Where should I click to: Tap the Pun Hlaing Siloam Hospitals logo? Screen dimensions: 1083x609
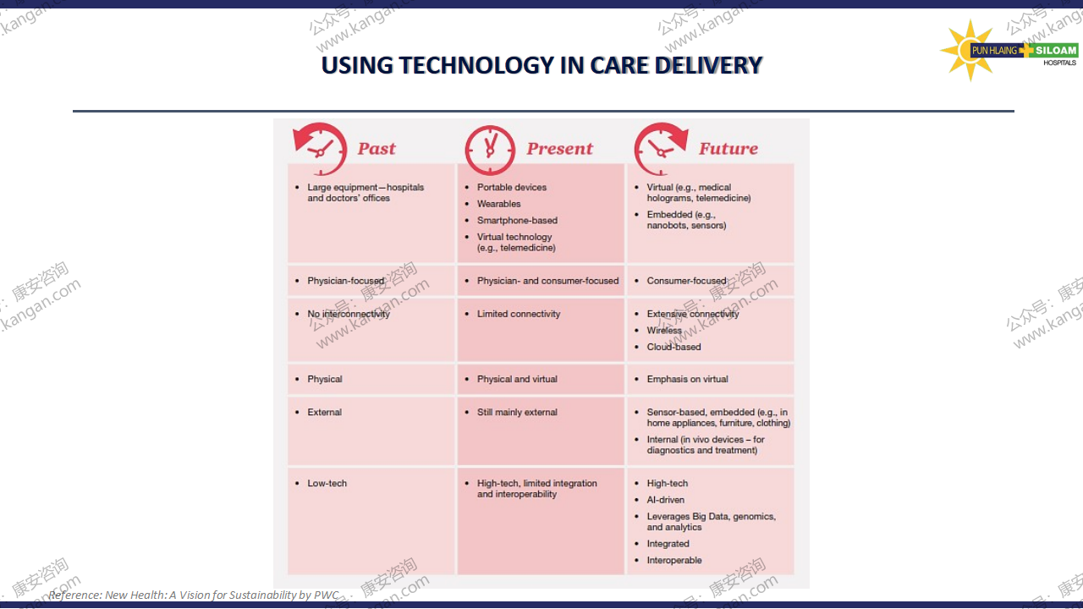coord(1009,50)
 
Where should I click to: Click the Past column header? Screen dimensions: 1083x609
coord(377,148)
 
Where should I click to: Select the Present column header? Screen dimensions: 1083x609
coord(559,148)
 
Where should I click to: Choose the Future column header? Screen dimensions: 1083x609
coord(728,148)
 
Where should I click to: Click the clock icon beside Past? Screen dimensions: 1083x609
coord(320,149)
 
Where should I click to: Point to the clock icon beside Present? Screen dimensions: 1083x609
coord(490,151)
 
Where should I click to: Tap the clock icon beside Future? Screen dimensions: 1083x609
coord(661,149)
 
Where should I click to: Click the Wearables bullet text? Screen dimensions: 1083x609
coord(498,204)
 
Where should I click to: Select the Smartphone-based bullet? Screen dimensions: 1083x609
coord(517,221)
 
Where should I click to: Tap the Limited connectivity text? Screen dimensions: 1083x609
coord(519,314)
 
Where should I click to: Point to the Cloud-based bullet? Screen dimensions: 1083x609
coord(673,347)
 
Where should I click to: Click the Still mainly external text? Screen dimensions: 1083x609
coord(517,412)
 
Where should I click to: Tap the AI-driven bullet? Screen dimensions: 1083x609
coord(665,500)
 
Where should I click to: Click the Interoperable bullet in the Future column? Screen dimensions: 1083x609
coord(674,560)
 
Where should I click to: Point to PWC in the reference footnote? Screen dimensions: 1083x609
coord(327,595)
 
